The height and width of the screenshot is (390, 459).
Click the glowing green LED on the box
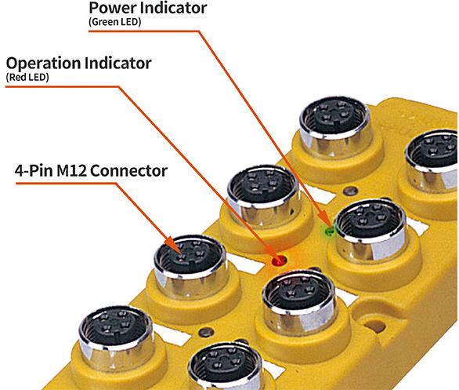[x=330, y=231]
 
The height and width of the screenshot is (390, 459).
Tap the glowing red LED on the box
[x=279, y=260]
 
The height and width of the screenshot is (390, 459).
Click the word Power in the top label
[x=113, y=8]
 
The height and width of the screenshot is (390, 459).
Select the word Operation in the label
[x=43, y=64]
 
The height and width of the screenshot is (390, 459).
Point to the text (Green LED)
[x=114, y=22]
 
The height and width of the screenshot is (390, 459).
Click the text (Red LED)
[x=27, y=78]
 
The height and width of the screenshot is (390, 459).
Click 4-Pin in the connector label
[x=34, y=170]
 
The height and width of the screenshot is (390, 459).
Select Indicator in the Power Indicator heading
[x=174, y=8]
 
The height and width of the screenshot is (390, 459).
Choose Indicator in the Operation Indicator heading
[x=118, y=63]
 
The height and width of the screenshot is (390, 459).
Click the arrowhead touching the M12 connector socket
[x=173, y=244]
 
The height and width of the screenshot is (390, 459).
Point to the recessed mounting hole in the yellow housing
[x=374, y=326]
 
